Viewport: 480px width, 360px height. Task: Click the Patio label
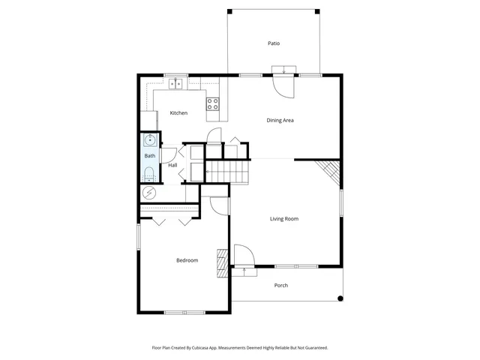point(274,43)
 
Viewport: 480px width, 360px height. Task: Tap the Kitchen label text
point(178,113)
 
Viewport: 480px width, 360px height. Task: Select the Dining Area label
point(280,120)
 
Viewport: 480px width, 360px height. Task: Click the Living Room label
point(284,219)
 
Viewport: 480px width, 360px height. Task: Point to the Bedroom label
point(187,260)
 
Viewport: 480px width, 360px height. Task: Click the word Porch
point(281,285)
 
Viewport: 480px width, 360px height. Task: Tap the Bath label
point(149,156)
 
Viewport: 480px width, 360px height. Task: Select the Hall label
point(172,165)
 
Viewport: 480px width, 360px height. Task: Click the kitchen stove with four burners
point(213,104)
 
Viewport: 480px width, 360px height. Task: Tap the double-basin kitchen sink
point(176,83)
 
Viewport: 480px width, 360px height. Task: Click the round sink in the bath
point(149,139)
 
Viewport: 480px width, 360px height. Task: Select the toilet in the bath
point(148,174)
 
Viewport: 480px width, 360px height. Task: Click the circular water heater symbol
point(148,193)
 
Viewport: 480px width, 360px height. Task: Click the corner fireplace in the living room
point(328,172)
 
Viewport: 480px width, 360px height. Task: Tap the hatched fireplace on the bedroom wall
point(221,262)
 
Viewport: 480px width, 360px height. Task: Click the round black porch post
point(340,298)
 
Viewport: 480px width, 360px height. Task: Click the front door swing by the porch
point(244,256)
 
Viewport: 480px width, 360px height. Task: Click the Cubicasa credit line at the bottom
point(240,348)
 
